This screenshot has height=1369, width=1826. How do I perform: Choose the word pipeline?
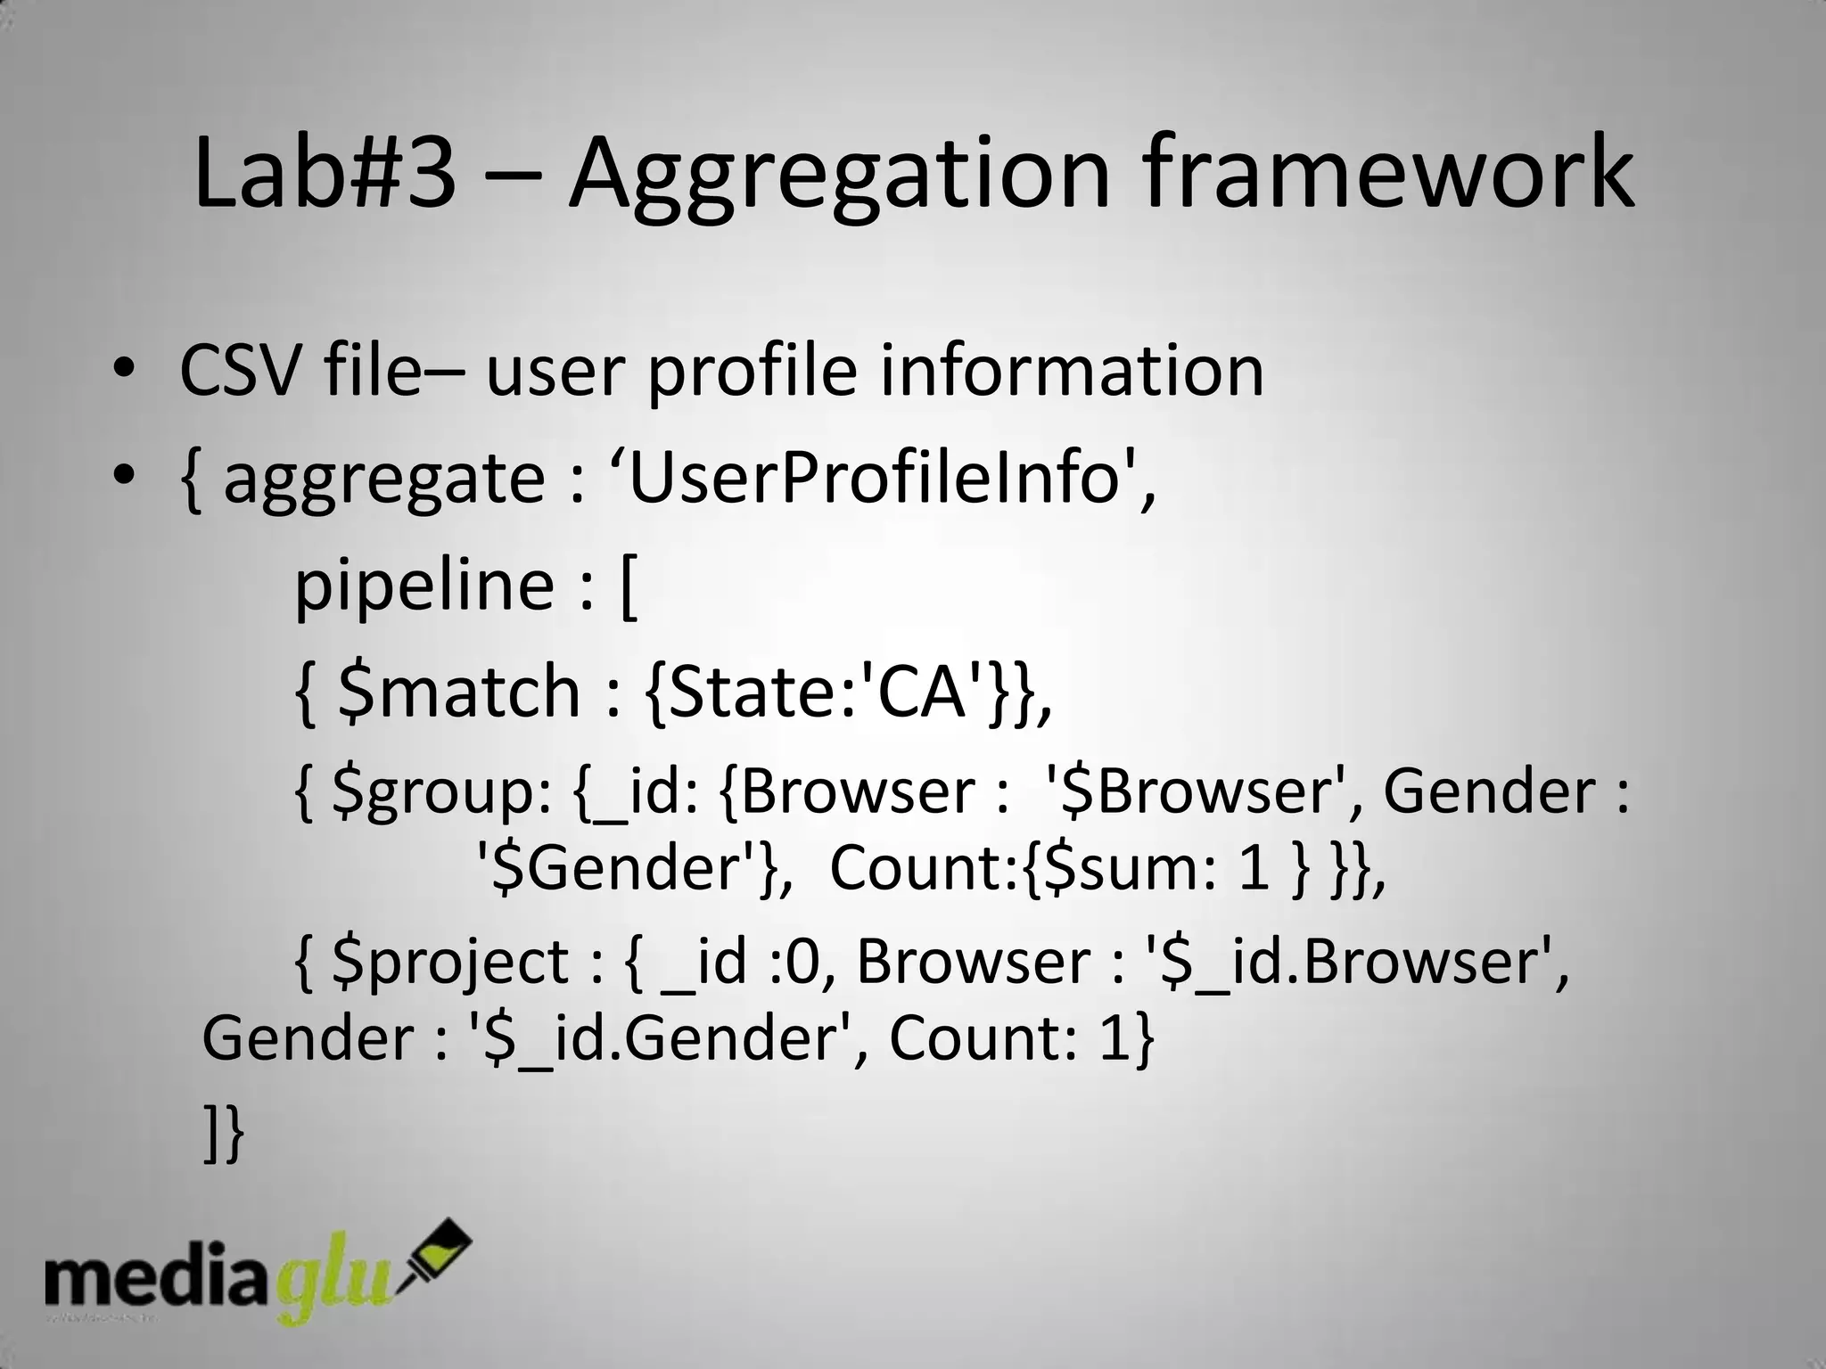[x=424, y=586]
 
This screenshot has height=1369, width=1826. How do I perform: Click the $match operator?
[x=460, y=692]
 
